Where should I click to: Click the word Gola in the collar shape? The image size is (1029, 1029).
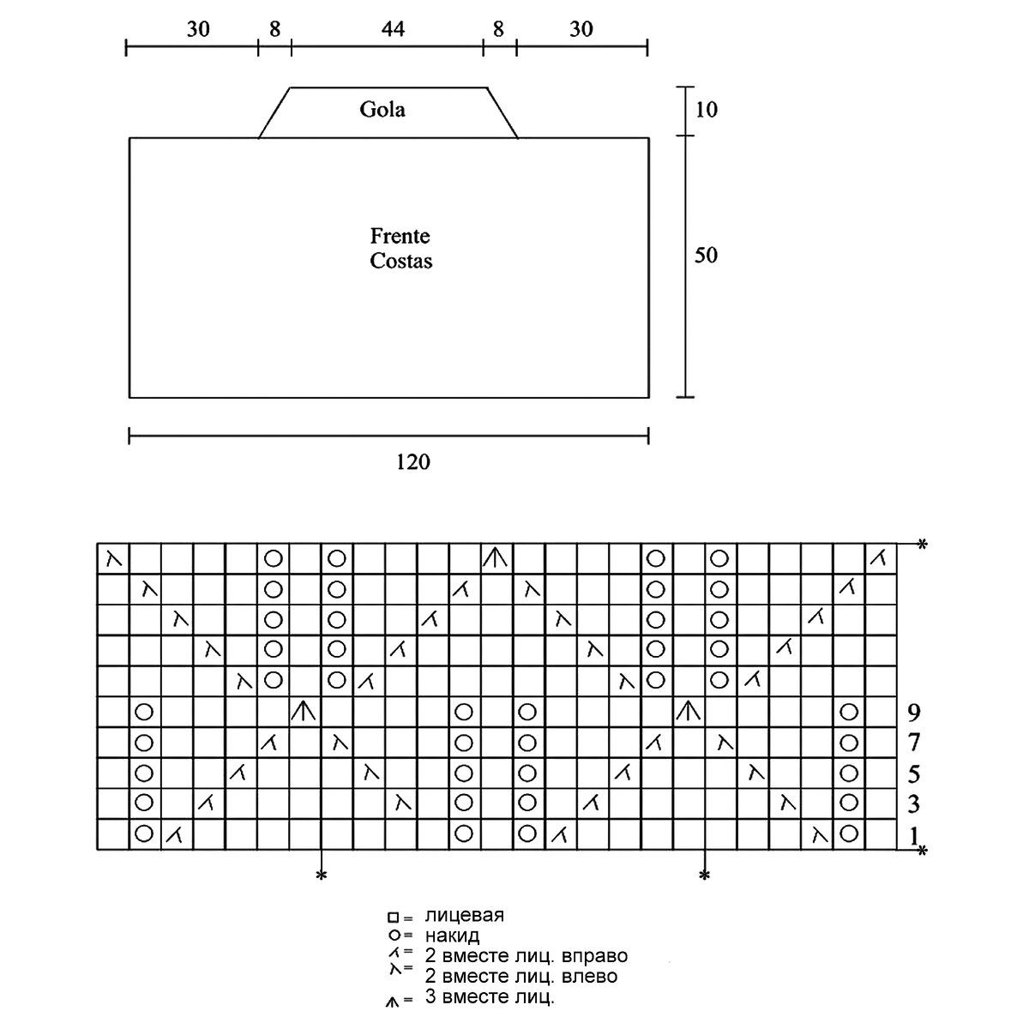tap(382, 110)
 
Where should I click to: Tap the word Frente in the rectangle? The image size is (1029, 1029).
tap(400, 235)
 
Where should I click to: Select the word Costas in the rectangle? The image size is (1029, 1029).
tap(401, 261)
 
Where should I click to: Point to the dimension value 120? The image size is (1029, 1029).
tap(412, 462)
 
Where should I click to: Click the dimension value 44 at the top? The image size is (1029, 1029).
tap(392, 29)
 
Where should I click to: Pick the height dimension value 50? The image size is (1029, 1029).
tap(706, 256)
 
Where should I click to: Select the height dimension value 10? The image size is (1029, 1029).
tap(706, 110)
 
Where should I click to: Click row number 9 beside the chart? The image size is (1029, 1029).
tap(913, 711)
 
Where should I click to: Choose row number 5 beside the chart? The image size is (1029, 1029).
tap(913, 773)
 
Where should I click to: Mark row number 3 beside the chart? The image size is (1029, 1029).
tap(913, 804)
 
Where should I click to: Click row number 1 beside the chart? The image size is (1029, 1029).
tap(913, 834)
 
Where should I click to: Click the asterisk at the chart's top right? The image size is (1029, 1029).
tap(923, 544)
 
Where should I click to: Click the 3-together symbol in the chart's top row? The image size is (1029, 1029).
tap(495, 559)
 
